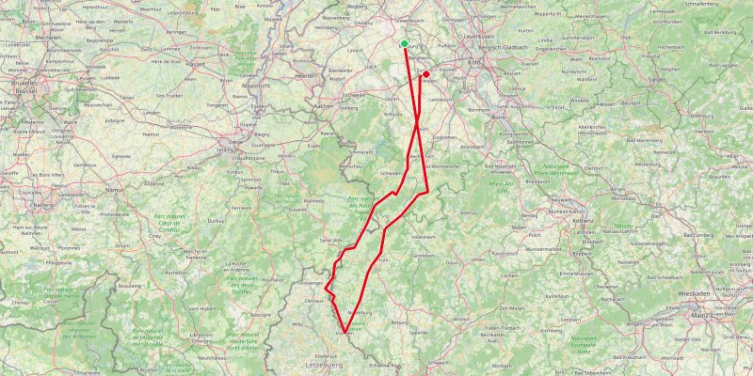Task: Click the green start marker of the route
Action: pos(404,43)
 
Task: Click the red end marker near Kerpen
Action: pos(425,74)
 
